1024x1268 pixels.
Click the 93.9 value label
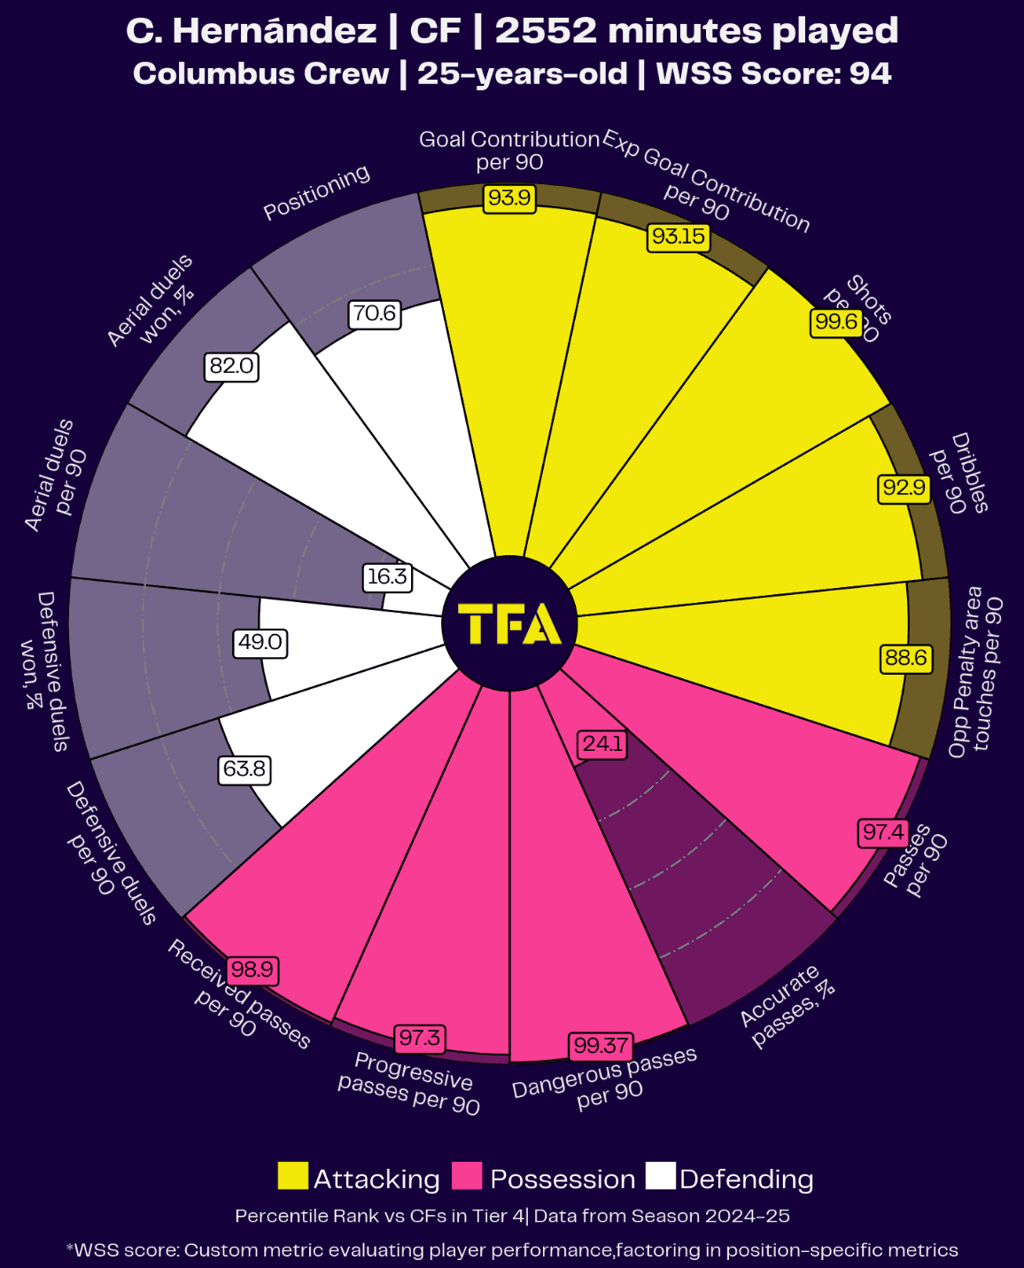(509, 197)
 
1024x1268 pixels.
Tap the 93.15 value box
(679, 236)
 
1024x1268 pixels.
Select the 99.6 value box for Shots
(836, 321)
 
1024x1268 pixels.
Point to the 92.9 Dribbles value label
(904, 487)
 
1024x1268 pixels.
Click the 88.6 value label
(906, 658)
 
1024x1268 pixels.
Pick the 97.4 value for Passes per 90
(884, 832)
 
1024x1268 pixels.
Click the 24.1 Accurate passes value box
(602, 744)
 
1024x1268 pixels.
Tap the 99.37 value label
(601, 1046)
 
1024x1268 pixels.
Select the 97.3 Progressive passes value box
(420, 1038)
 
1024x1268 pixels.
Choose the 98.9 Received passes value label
(252, 970)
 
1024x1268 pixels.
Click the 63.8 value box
(244, 769)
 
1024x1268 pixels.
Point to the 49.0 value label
(260, 642)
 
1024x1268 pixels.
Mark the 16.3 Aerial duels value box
(387, 576)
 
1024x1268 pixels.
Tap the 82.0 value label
(231, 366)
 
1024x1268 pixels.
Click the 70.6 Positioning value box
(375, 313)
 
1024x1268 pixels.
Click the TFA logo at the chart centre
(509, 624)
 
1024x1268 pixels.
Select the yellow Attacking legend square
(293, 1177)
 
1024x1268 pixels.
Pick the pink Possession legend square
(467, 1177)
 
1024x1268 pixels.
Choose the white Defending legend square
(660, 1177)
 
